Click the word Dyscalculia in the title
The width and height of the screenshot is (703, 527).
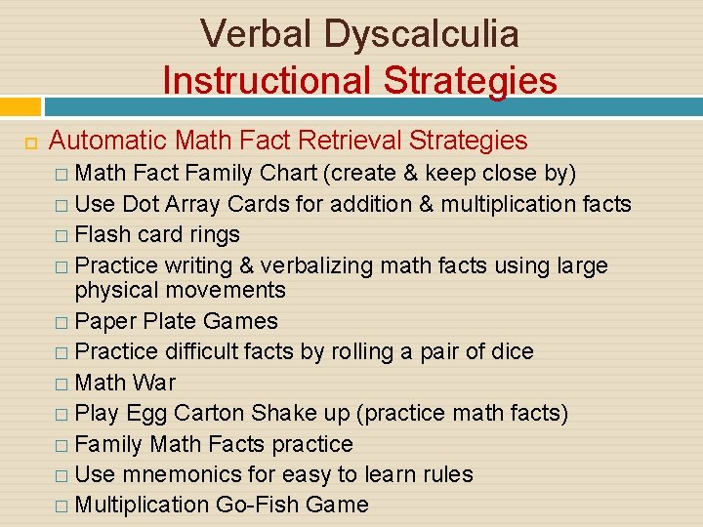pyautogui.click(x=422, y=34)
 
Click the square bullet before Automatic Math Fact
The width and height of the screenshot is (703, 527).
pyautogui.click(x=30, y=142)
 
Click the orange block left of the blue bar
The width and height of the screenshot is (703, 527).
pyautogui.click(x=21, y=106)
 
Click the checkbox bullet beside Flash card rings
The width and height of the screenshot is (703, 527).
pyautogui.click(x=62, y=236)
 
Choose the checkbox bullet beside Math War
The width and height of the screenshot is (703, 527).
pyautogui.click(x=62, y=384)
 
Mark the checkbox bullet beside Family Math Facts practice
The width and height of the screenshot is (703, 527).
pyautogui.click(x=62, y=445)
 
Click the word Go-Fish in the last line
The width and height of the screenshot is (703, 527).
pyautogui.click(x=275, y=506)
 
